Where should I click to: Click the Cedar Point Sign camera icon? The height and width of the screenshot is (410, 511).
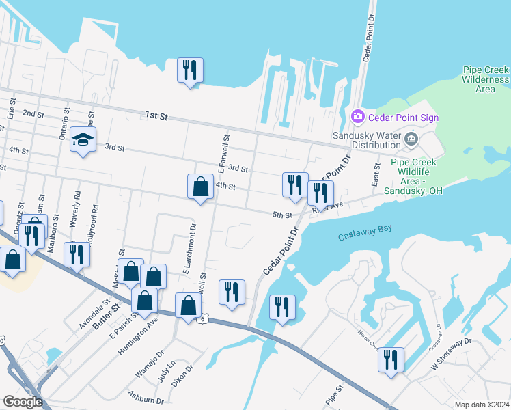357,118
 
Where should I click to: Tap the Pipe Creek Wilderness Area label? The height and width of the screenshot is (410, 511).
485,79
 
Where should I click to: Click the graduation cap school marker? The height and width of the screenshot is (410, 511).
83,140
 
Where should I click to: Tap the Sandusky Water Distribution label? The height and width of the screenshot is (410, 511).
366,140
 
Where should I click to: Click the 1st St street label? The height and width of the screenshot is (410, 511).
156,116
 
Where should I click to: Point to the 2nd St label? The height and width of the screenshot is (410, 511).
33,113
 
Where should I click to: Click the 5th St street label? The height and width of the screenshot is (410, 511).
282,215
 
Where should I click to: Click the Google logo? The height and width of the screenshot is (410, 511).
22,402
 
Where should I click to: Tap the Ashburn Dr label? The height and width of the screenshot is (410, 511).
146,398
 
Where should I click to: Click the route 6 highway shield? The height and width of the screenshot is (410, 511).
202,319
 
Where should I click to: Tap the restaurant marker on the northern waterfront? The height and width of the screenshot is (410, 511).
189,70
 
